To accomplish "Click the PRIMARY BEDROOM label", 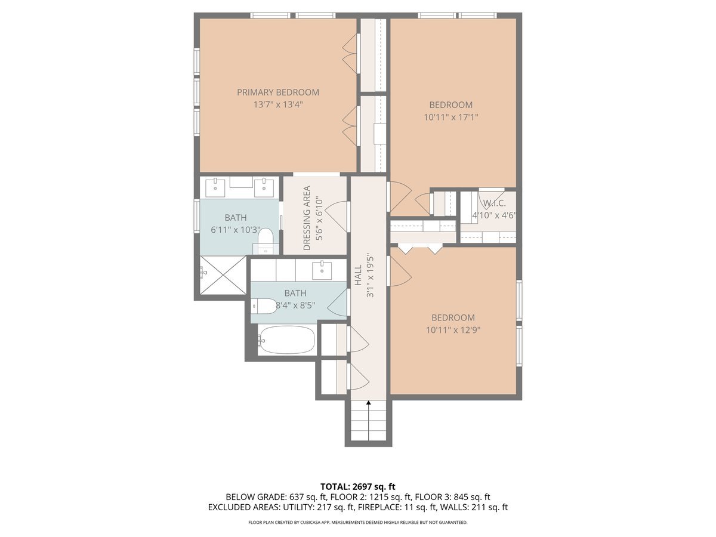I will pyautogui.click(x=277, y=92).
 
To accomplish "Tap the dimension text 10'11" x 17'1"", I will pyautogui.click(x=451, y=118).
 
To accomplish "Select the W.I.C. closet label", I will pyautogui.click(x=494, y=203).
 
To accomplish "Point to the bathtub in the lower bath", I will pyautogui.click(x=286, y=340).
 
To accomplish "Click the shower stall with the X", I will pyautogui.click(x=222, y=275).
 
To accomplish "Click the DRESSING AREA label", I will pyautogui.click(x=307, y=218).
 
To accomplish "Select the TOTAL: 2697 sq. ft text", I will pyautogui.click(x=357, y=486).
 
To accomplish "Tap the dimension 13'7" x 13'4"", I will pyautogui.click(x=277, y=104).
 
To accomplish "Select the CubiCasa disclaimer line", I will pyautogui.click(x=357, y=522).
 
